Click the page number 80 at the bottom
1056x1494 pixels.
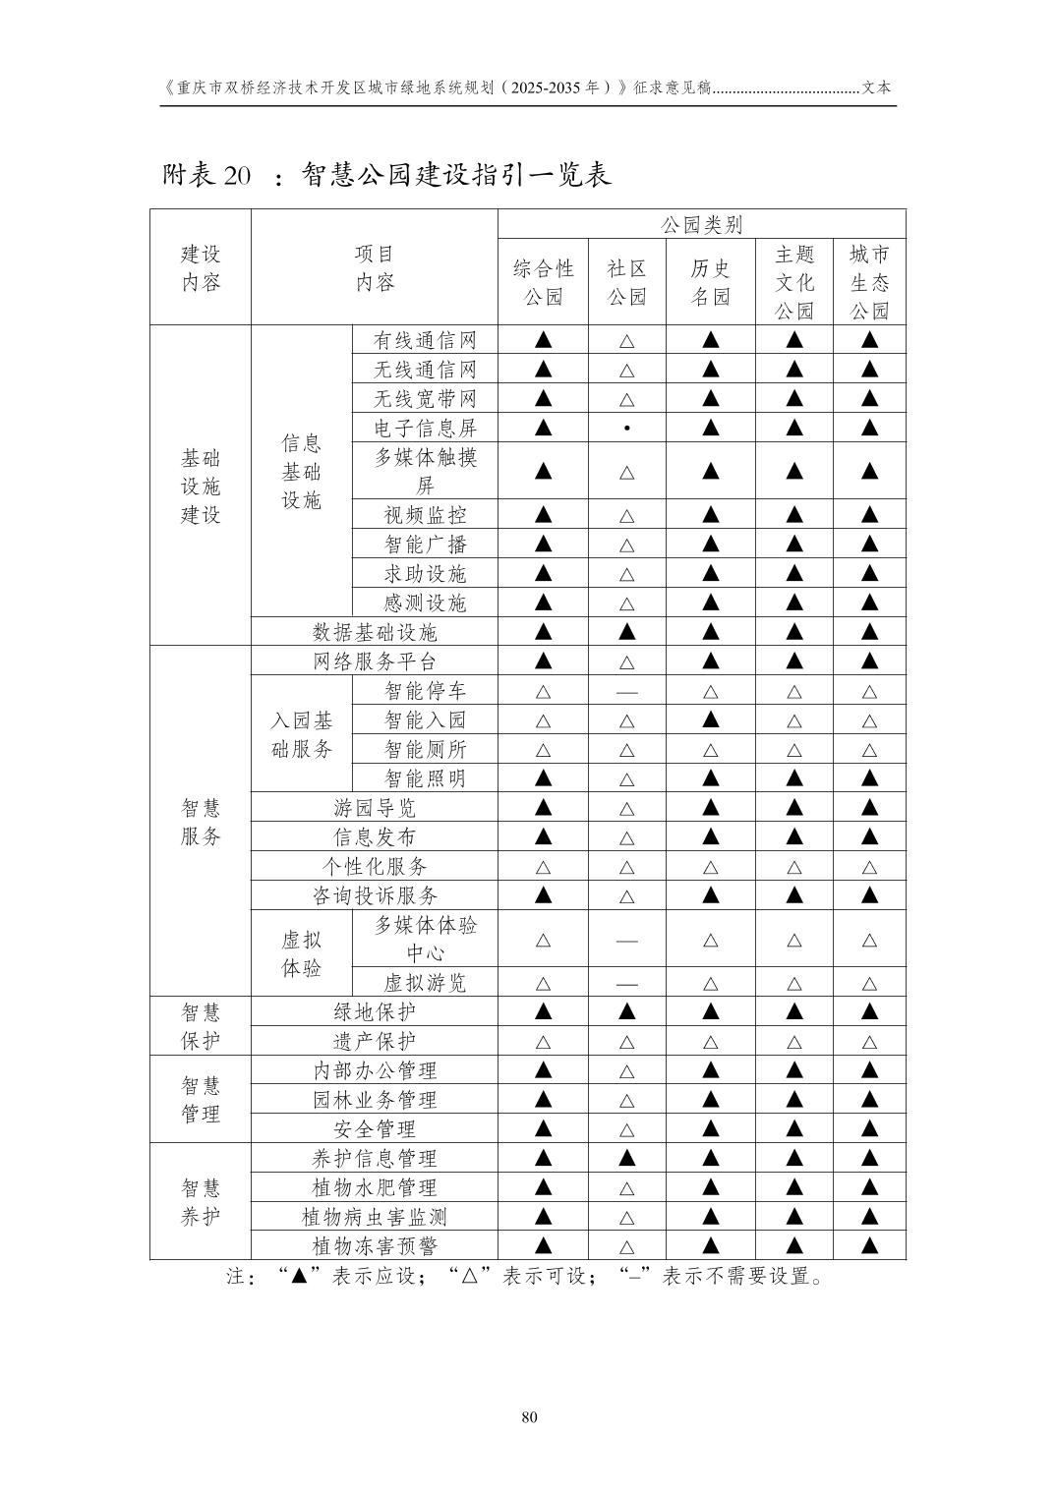click(x=529, y=1417)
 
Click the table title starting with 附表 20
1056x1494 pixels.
click(x=386, y=175)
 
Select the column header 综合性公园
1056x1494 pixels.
click(x=543, y=282)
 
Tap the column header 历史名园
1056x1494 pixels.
click(x=710, y=282)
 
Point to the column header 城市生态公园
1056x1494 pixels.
click(x=869, y=282)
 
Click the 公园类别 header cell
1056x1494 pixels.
click(x=701, y=224)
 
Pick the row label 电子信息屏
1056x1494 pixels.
click(x=425, y=428)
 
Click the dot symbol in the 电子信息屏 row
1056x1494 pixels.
click(x=627, y=429)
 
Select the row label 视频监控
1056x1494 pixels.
click(x=425, y=515)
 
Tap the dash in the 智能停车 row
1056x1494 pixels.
click(x=627, y=692)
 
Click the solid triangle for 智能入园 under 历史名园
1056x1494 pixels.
click(x=711, y=720)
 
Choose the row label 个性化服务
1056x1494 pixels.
click(x=375, y=867)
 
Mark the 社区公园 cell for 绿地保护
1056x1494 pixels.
click(x=627, y=1012)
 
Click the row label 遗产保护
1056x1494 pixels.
click(x=375, y=1042)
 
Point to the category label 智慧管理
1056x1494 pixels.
click(x=201, y=1100)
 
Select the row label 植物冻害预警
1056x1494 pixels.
click(x=375, y=1246)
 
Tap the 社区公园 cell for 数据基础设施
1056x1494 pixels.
click(x=627, y=632)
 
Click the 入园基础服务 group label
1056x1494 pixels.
click(x=302, y=735)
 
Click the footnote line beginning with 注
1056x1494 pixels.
click(x=527, y=1276)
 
